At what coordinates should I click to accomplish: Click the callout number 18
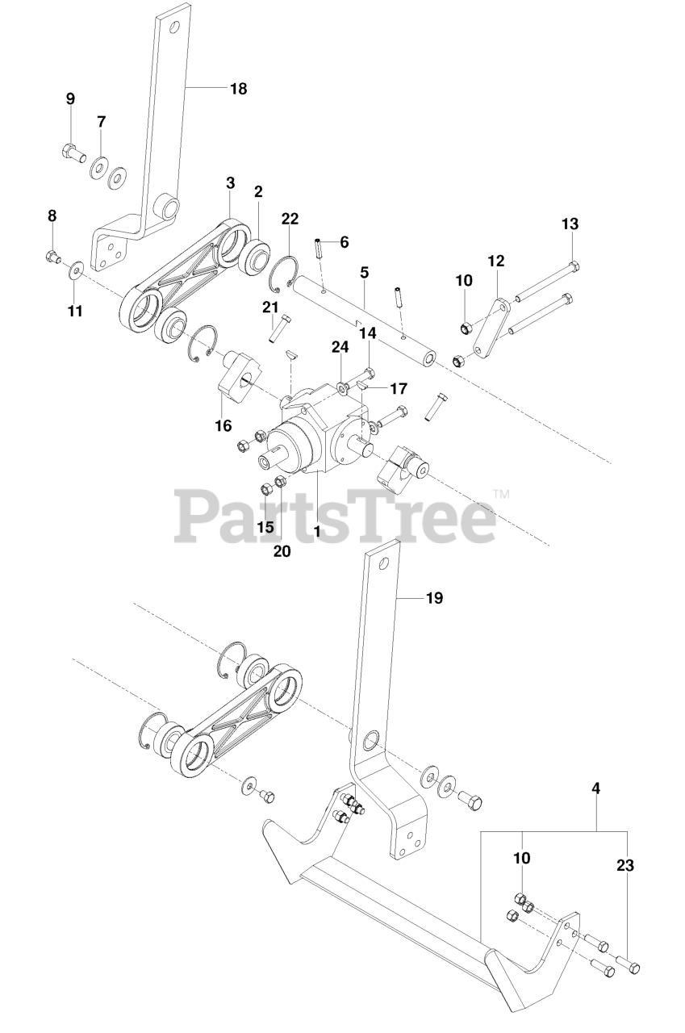click(x=238, y=89)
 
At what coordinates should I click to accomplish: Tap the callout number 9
click(x=70, y=98)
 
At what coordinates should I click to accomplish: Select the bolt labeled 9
click(x=72, y=150)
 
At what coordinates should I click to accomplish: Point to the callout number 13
click(x=570, y=223)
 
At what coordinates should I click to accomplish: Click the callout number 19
click(x=433, y=598)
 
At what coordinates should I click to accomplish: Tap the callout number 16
click(x=223, y=425)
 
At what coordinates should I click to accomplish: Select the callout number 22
click(x=290, y=219)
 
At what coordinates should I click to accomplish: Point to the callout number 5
click(x=364, y=273)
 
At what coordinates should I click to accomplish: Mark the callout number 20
click(x=282, y=551)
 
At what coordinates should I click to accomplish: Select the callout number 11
click(x=75, y=311)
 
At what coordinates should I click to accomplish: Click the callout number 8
click(x=52, y=215)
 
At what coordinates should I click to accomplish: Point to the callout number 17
click(x=399, y=388)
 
